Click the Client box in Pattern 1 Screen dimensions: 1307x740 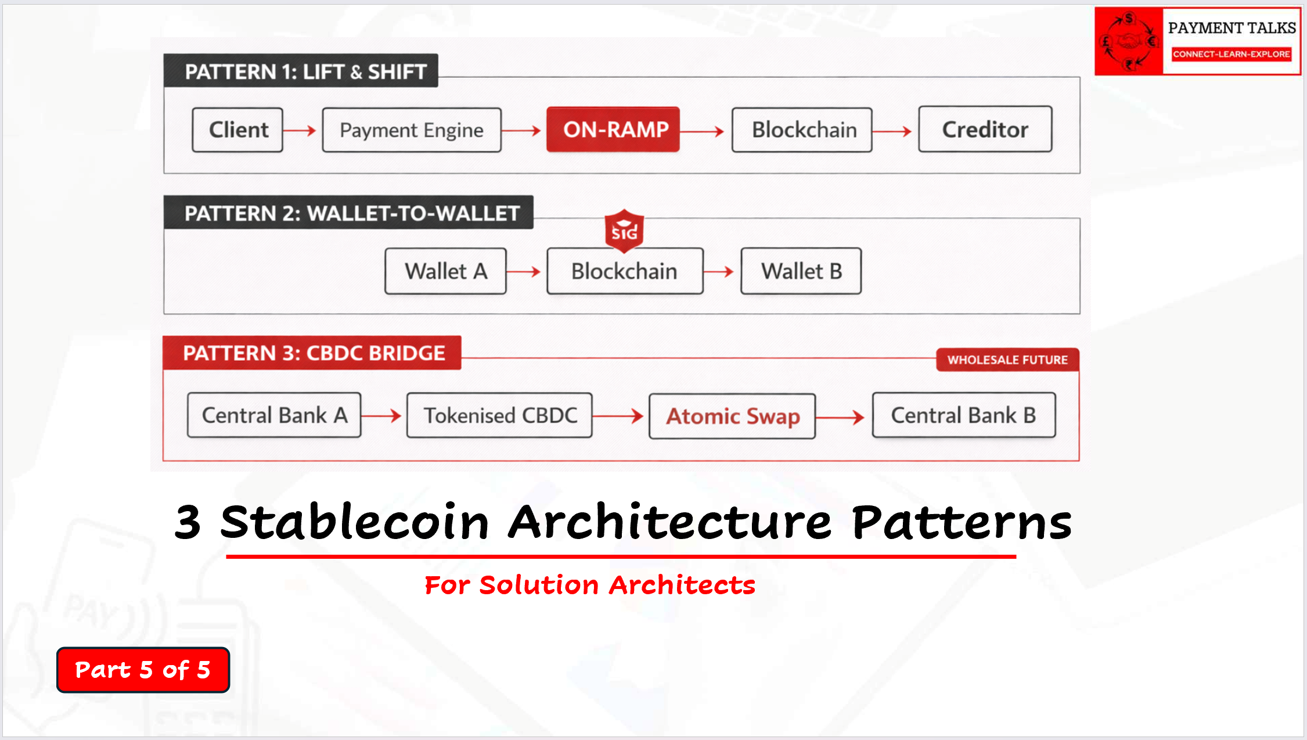click(237, 130)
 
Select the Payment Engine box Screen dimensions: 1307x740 click(412, 130)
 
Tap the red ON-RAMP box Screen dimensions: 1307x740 click(613, 130)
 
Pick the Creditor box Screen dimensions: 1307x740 click(985, 129)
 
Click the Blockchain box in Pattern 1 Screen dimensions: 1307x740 click(802, 130)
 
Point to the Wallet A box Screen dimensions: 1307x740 click(445, 271)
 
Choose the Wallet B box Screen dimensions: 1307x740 click(801, 271)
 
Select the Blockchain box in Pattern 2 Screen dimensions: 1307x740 click(625, 271)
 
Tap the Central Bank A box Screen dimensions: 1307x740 click(274, 415)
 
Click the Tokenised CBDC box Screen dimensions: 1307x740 click(499, 415)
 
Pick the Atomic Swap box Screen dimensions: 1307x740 click(732, 416)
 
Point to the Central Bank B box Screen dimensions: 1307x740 click(964, 415)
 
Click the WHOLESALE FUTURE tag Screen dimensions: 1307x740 click(1007, 360)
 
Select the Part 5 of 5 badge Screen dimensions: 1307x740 click(143, 670)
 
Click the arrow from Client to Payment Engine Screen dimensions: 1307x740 click(300, 131)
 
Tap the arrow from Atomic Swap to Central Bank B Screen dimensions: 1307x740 click(840, 416)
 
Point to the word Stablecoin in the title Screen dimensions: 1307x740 click(355, 522)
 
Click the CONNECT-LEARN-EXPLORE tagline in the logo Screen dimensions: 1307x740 click(1232, 54)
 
